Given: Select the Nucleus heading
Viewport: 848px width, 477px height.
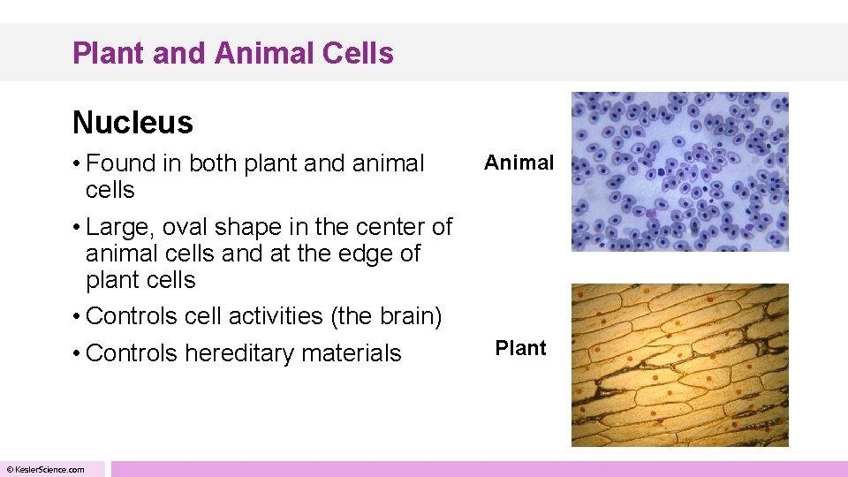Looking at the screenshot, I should point(132,123).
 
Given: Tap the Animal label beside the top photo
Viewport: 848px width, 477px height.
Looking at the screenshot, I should point(519,163).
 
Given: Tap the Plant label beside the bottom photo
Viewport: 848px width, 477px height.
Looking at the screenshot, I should point(520,348).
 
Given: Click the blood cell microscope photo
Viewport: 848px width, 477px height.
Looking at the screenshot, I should point(679,171).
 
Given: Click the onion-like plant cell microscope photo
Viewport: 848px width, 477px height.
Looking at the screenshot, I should point(679,364).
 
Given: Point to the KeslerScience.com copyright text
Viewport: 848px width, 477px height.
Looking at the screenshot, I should point(46,469).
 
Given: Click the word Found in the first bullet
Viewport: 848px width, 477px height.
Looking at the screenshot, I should point(120,163).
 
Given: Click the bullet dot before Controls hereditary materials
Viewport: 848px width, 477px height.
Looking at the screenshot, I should point(78,353).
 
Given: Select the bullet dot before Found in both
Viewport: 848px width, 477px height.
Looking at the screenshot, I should point(78,163).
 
